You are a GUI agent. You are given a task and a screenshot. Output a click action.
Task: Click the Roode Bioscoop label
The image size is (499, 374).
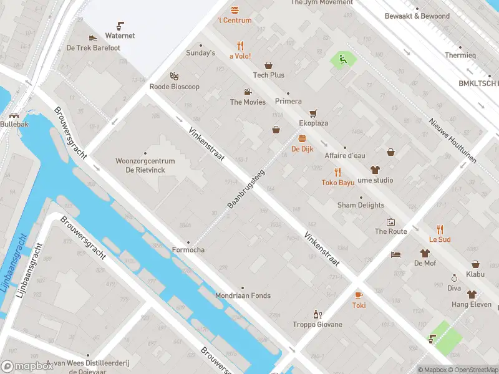(175, 87)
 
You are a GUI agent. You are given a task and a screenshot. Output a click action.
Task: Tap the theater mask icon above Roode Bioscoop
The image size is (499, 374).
(175, 75)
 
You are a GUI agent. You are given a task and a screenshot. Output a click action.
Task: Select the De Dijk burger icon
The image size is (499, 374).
(303, 138)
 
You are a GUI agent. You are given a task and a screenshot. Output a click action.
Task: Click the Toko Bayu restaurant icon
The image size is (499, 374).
(338, 172)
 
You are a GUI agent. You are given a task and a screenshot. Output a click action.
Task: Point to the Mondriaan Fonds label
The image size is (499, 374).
(243, 295)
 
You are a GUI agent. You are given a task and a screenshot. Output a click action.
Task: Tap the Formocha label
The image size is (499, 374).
(188, 250)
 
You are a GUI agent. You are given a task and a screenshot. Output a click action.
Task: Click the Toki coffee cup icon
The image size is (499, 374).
(359, 295)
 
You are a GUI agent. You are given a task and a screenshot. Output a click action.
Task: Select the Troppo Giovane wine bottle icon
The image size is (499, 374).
(317, 314)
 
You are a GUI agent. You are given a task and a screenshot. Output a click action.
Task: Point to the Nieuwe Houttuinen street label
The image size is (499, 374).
(453, 140)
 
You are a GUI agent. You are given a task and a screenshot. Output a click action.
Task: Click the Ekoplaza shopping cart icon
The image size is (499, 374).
(313, 113)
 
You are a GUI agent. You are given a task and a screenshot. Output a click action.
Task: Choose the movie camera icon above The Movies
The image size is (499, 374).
(248, 92)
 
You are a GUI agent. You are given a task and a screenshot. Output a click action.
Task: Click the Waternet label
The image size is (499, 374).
(120, 36)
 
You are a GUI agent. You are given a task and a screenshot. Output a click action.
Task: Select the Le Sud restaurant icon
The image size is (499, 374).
(440, 229)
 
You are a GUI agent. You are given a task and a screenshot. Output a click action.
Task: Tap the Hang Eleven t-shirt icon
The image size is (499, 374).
(472, 294)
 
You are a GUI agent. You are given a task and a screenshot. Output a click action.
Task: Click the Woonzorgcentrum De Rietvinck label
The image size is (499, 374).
(145, 165)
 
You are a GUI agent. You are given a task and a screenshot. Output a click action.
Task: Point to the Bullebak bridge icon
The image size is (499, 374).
(14, 115)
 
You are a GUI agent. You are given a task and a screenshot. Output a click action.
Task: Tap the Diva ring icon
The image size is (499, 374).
(454, 278)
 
